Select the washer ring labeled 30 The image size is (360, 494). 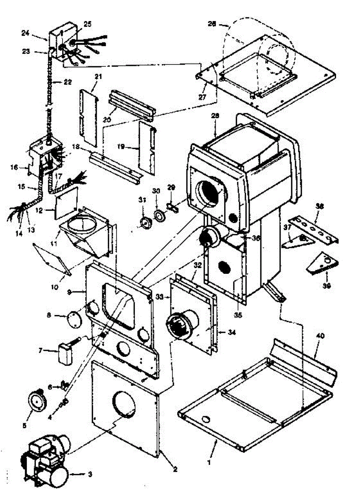tap(158, 215)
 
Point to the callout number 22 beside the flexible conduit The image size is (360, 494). tap(68, 82)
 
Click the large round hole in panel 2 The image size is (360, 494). tap(124, 404)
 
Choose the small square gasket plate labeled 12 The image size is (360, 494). tap(66, 202)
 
